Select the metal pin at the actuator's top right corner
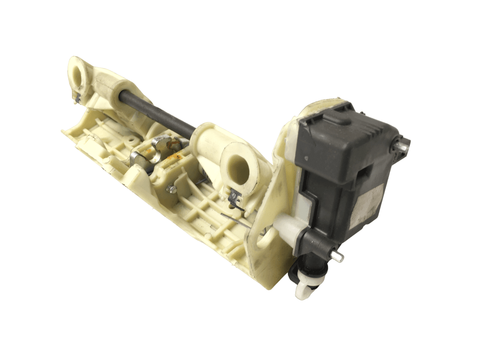click(404, 146)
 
